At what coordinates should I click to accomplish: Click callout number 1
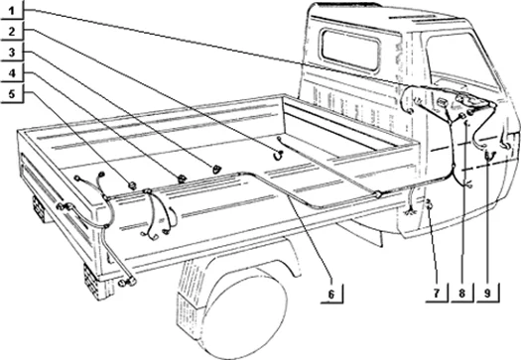pos(12,11)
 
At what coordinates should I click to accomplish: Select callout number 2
pos(12,32)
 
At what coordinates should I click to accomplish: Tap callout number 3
pos(12,53)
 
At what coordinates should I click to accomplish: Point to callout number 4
pos(12,73)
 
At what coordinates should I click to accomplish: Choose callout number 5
pos(12,94)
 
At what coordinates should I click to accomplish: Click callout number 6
pos(331,295)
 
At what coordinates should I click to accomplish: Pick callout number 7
pos(437,294)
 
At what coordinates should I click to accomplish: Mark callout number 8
pos(461,294)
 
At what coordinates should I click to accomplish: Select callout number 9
pos(487,294)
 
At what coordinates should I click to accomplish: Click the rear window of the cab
pos(350,50)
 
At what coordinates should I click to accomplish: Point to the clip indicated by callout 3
pos(216,169)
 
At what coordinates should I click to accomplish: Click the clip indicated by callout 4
pos(182,179)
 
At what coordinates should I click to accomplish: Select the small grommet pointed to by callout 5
pos(133,185)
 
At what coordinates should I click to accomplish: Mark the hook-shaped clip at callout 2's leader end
pos(279,156)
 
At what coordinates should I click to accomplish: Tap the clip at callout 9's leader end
pos(489,155)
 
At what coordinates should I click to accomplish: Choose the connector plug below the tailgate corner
pos(127,283)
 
